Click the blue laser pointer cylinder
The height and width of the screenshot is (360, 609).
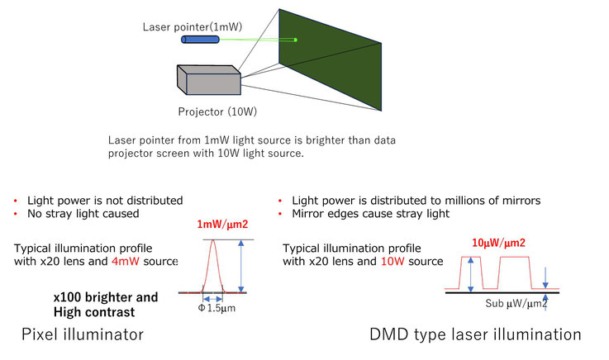(201, 40)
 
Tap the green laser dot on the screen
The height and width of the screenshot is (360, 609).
(296, 40)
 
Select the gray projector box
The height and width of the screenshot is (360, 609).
(209, 80)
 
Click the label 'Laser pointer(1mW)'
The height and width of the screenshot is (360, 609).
(193, 26)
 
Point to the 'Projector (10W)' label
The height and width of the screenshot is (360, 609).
(217, 111)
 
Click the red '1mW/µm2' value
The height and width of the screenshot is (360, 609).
(222, 225)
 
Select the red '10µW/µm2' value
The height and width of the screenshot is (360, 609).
(498, 243)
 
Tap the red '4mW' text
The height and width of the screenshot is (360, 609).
(125, 261)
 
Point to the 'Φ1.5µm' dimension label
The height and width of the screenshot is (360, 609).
(216, 308)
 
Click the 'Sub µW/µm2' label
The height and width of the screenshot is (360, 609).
(516, 303)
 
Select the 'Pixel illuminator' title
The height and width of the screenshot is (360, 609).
(83, 334)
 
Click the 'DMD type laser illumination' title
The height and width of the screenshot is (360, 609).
(475, 334)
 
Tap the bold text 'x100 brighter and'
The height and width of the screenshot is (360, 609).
(106, 297)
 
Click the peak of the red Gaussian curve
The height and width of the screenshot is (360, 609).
(212, 240)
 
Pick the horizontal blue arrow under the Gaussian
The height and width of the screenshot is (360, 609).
(212, 299)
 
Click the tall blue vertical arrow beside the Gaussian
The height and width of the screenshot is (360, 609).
(241, 266)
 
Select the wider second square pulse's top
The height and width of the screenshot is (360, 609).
(514, 257)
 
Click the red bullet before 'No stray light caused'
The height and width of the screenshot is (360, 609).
(16, 214)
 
